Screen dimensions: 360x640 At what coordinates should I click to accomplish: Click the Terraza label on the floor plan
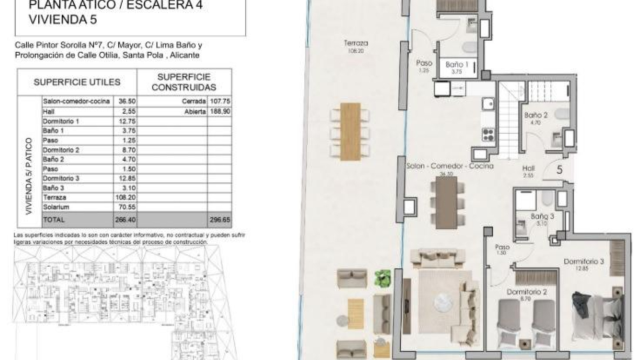(x=356, y=43)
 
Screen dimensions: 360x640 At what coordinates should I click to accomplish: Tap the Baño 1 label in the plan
(x=457, y=65)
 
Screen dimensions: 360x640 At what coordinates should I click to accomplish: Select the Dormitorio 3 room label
(x=584, y=262)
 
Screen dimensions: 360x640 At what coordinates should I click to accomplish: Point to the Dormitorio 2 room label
(x=527, y=292)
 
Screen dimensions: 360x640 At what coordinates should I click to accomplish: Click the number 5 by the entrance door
(x=560, y=170)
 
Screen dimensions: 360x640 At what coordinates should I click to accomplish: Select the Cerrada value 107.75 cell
(x=220, y=101)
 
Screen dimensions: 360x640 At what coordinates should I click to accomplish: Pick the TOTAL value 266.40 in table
(x=125, y=220)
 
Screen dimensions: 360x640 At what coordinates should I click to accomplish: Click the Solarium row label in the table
(x=56, y=207)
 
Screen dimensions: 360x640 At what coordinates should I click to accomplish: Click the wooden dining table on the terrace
(x=350, y=132)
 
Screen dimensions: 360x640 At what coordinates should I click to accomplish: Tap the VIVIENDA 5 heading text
(x=63, y=20)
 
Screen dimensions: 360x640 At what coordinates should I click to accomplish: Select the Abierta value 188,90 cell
(x=220, y=111)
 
